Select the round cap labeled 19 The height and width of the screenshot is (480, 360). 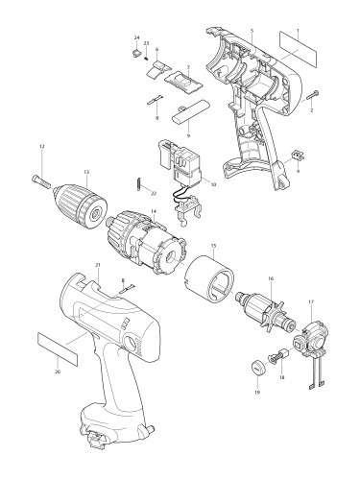point(256,366)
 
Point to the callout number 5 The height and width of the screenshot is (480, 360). point(251,32)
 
